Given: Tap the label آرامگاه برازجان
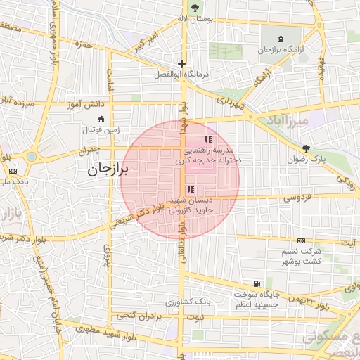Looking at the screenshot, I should tap(281, 50).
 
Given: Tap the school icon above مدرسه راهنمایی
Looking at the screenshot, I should tap(207, 140).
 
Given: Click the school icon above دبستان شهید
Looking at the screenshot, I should tap(191, 189).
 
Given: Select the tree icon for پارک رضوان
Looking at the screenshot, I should tap(306, 148).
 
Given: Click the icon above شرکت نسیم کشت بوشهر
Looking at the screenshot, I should tap(302, 240).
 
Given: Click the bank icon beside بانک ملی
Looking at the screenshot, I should tap(13, 171).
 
